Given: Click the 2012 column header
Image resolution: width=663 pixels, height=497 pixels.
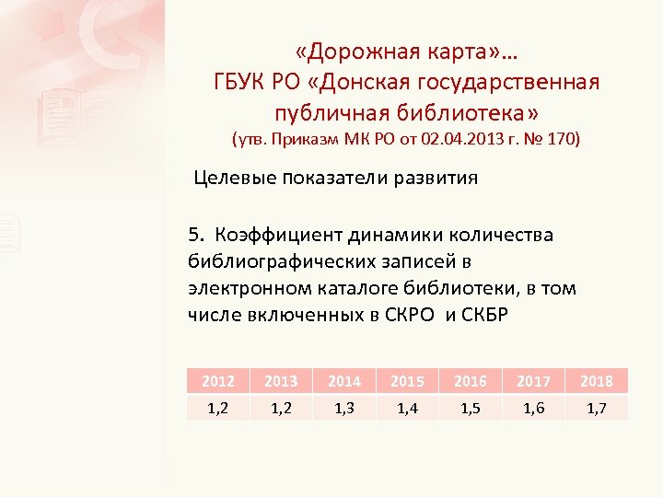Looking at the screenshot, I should click(218, 381).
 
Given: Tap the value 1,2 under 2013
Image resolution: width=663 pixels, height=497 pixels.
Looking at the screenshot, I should click(282, 408).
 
